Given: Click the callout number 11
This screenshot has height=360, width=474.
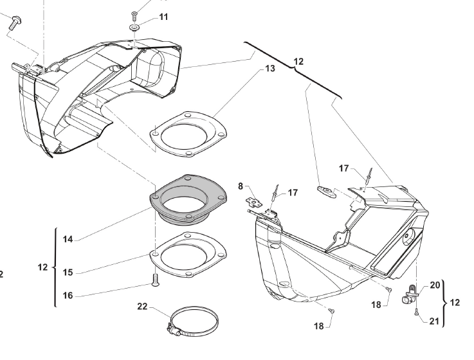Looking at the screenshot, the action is [163, 17].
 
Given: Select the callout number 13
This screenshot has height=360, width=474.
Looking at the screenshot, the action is [270, 69].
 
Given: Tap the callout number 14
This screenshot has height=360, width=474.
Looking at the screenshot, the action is [68, 239].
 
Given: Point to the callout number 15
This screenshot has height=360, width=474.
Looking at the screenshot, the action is [68, 273].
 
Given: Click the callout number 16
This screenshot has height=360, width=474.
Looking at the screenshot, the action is [68, 296].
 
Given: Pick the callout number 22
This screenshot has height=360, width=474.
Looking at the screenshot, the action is [142, 307].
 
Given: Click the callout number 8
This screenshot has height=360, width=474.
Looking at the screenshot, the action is [241, 186].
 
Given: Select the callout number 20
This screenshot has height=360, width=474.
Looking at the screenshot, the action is [435, 285].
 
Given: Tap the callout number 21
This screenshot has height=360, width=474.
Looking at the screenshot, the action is [434, 321].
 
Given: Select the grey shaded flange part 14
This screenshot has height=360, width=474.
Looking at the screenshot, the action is [188, 200].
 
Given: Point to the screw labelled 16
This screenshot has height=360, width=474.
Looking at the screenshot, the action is [156, 280].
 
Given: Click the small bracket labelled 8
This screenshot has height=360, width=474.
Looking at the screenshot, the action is [253, 203].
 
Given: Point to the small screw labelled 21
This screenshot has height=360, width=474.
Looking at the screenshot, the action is [417, 312].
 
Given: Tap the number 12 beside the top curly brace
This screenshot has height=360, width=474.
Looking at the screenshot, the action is [298, 62].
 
